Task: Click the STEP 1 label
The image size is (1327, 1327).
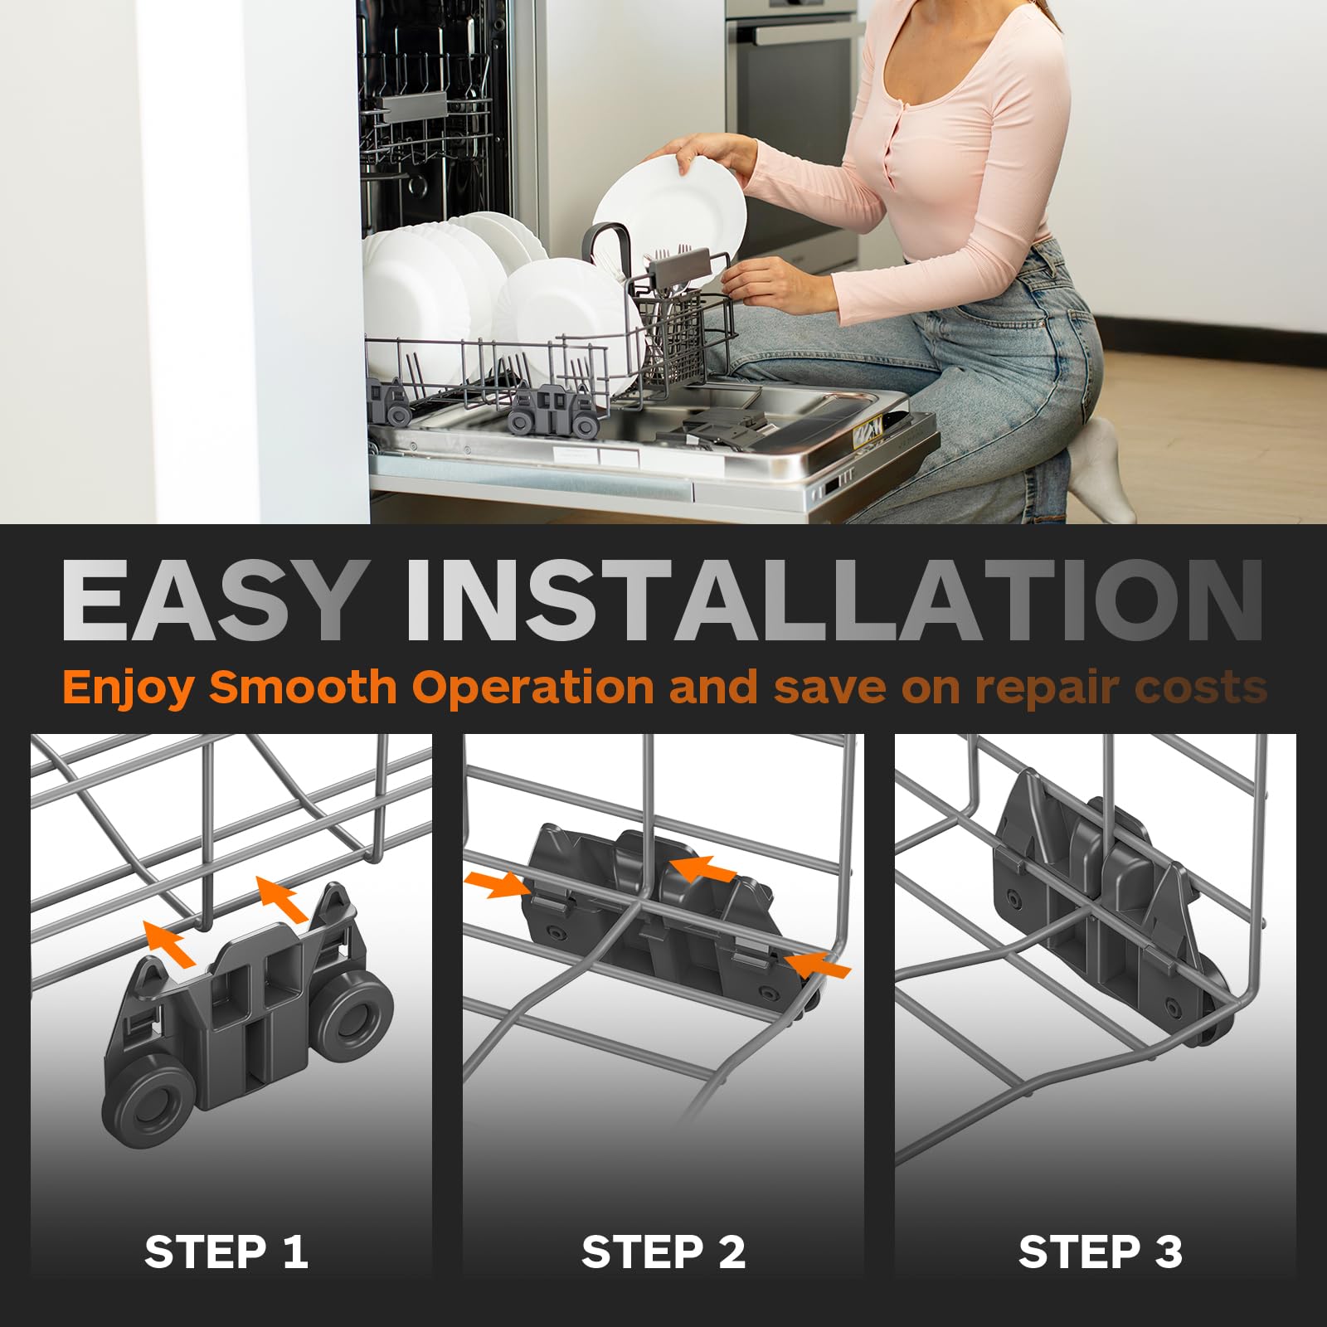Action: [226, 1252]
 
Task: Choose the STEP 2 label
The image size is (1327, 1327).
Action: [663, 1252]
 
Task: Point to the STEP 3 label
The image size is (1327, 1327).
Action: [1101, 1252]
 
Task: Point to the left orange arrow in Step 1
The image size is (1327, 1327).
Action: [170, 945]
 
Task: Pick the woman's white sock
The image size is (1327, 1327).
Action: [1098, 469]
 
